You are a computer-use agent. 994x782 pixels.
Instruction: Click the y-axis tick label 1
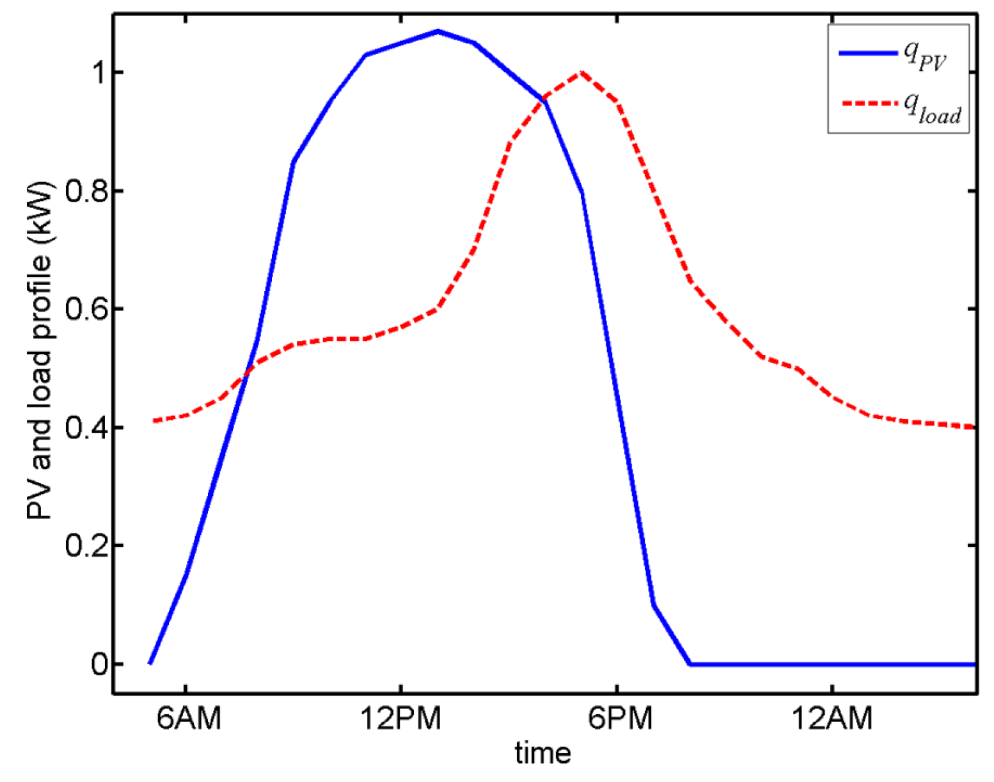point(98,73)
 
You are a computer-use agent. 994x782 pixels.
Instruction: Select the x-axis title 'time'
point(542,753)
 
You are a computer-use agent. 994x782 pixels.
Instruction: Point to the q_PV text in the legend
point(925,55)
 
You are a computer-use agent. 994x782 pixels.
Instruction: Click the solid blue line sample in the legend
point(868,53)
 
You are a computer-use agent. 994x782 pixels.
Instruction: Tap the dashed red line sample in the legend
point(868,103)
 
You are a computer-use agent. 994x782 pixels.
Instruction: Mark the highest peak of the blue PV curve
point(438,31)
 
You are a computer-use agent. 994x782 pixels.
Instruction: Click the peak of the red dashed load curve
point(581,72)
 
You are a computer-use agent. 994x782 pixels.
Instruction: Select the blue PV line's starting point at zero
point(150,664)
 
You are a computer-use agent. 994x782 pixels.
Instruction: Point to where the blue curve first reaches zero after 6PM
point(690,664)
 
